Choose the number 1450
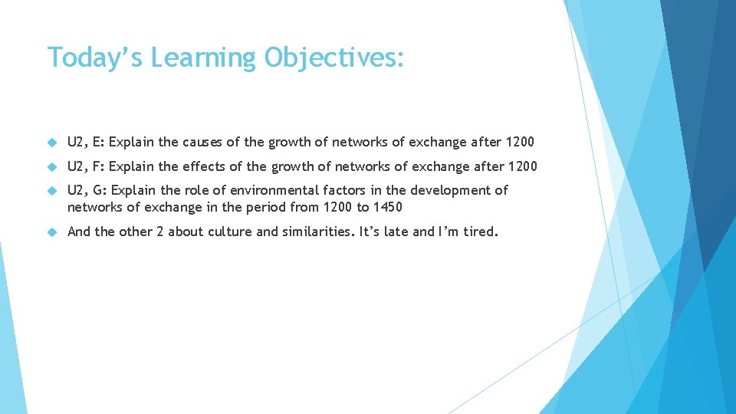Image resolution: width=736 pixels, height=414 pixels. coord(387,207)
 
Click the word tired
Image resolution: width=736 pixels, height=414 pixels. coord(480,232)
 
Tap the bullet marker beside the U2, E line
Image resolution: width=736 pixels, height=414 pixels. coord(52,143)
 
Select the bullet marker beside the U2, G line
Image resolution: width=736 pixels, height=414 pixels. coord(52,190)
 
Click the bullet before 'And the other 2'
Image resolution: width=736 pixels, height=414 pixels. coord(52,232)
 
